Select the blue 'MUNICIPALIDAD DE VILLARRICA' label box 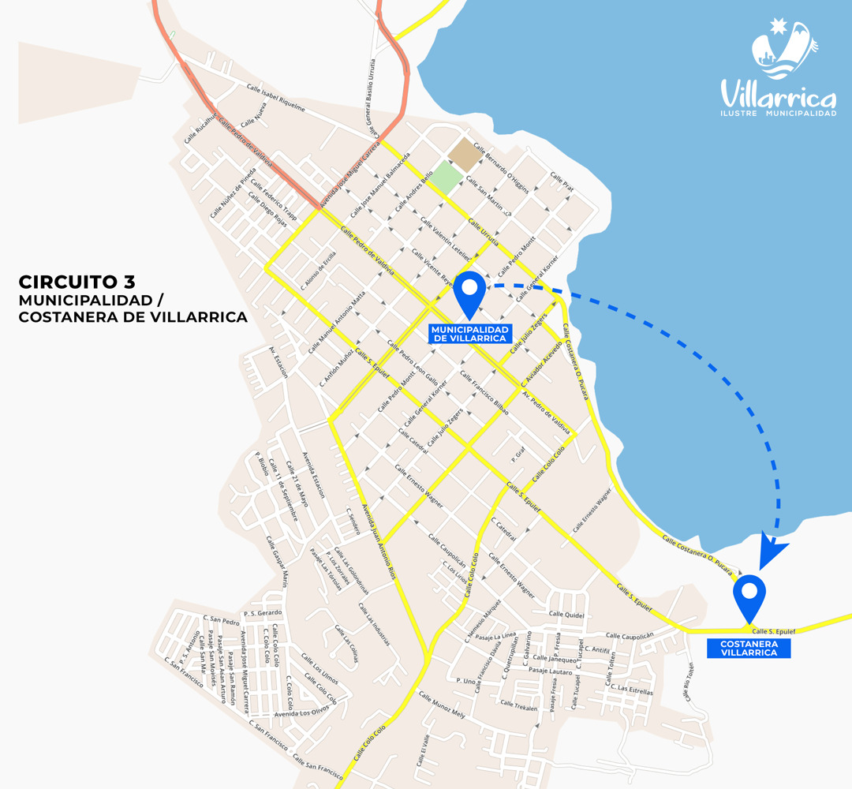pyautogui.click(x=469, y=333)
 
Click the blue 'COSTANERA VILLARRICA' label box pyautogui.click(x=749, y=649)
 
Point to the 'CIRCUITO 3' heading pyautogui.click(x=77, y=282)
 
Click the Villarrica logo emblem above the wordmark pyautogui.click(x=780, y=49)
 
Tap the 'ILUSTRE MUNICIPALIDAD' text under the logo pyautogui.click(x=778, y=114)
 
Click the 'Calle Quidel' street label pyautogui.click(x=563, y=614)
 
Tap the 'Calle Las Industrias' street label pyautogui.click(x=374, y=624)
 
